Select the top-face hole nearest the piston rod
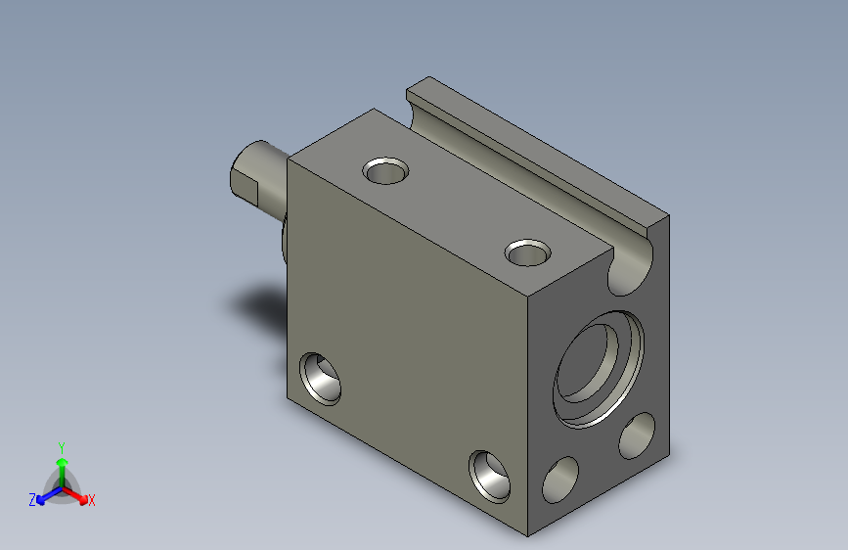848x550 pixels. (384, 172)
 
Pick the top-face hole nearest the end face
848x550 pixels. (528, 253)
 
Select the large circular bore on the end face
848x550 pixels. (598, 368)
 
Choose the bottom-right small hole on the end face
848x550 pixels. (637, 435)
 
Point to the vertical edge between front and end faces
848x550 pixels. (528, 411)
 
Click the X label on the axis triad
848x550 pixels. (92, 501)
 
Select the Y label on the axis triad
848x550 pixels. (62, 445)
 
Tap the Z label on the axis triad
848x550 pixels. (31, 500)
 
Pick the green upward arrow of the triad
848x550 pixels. (62, 465)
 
